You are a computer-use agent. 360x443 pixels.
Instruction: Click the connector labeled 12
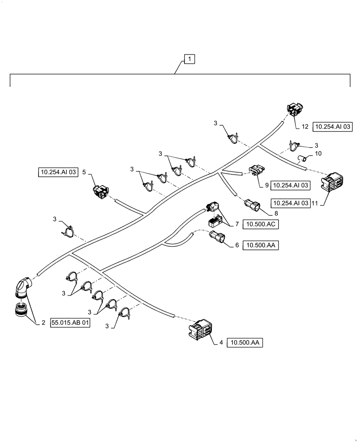point(294,109)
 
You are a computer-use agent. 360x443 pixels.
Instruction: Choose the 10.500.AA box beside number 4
point(245,342)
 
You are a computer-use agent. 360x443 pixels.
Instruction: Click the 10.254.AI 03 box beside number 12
point(333,127)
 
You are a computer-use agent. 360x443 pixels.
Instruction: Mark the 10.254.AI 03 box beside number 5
point(57,172)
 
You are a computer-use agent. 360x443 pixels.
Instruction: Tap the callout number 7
point(237,225)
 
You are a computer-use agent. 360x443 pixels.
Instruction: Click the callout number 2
point(43,323)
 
